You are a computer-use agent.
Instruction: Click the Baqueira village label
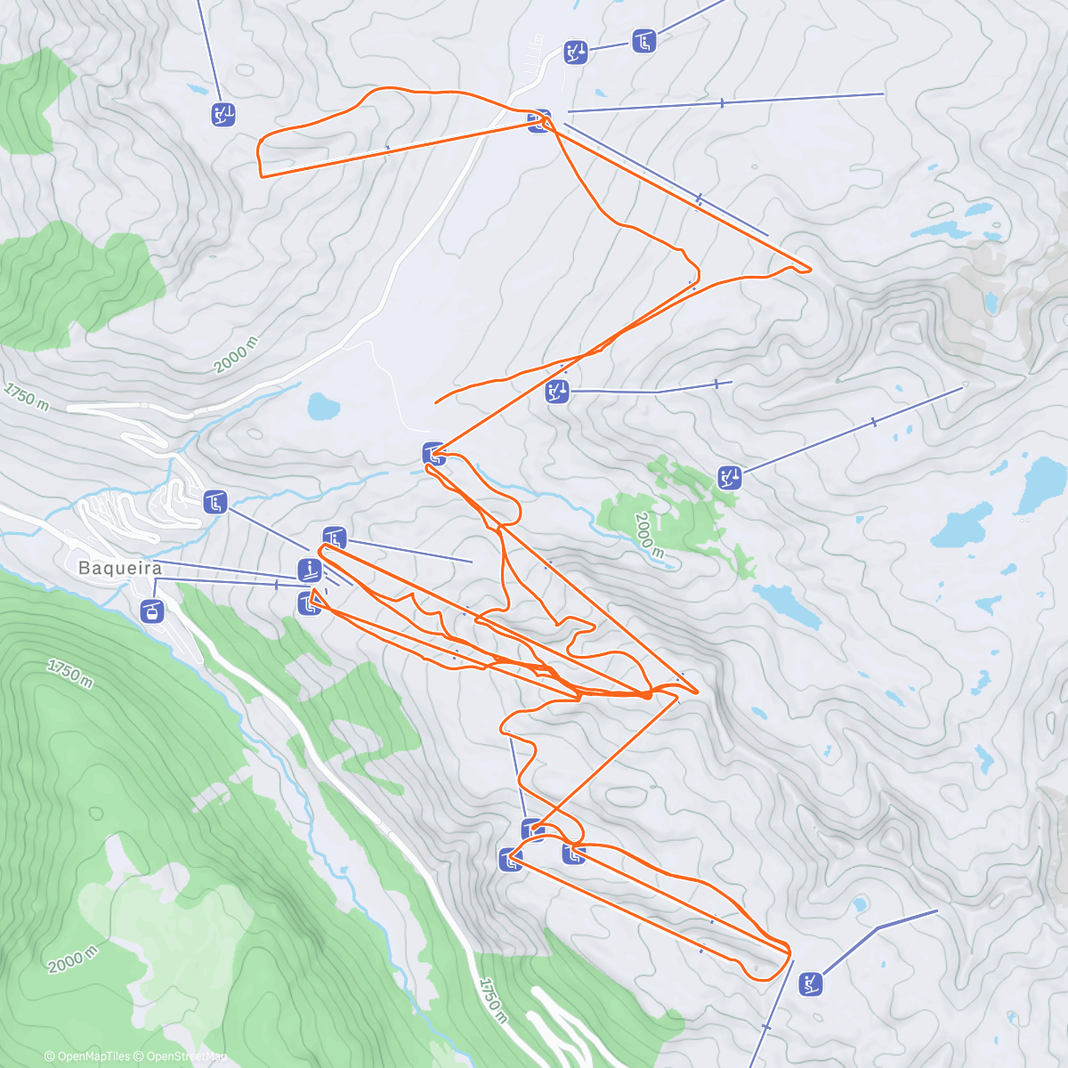coord(120,568)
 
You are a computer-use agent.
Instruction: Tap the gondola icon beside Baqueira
coord(153,611)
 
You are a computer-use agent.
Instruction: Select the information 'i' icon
coord(310,570)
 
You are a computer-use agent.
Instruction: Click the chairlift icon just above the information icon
coord(334,538)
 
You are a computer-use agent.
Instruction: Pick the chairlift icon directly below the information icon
coord(309,603)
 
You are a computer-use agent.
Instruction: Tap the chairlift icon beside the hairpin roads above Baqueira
coord(214,502)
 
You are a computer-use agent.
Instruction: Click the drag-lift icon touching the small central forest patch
coord(730,477)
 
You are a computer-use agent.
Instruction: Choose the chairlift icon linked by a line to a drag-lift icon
coord(643,40)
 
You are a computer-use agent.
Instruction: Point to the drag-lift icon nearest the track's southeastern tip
coord(810,983)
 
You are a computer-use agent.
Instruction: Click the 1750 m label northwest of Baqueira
coord(26,395)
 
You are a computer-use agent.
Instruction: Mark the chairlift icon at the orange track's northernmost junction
coord(538,121)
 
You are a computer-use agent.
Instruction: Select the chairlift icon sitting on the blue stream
coord(433,454)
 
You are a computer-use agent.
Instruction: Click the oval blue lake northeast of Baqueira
coord(324,408)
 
